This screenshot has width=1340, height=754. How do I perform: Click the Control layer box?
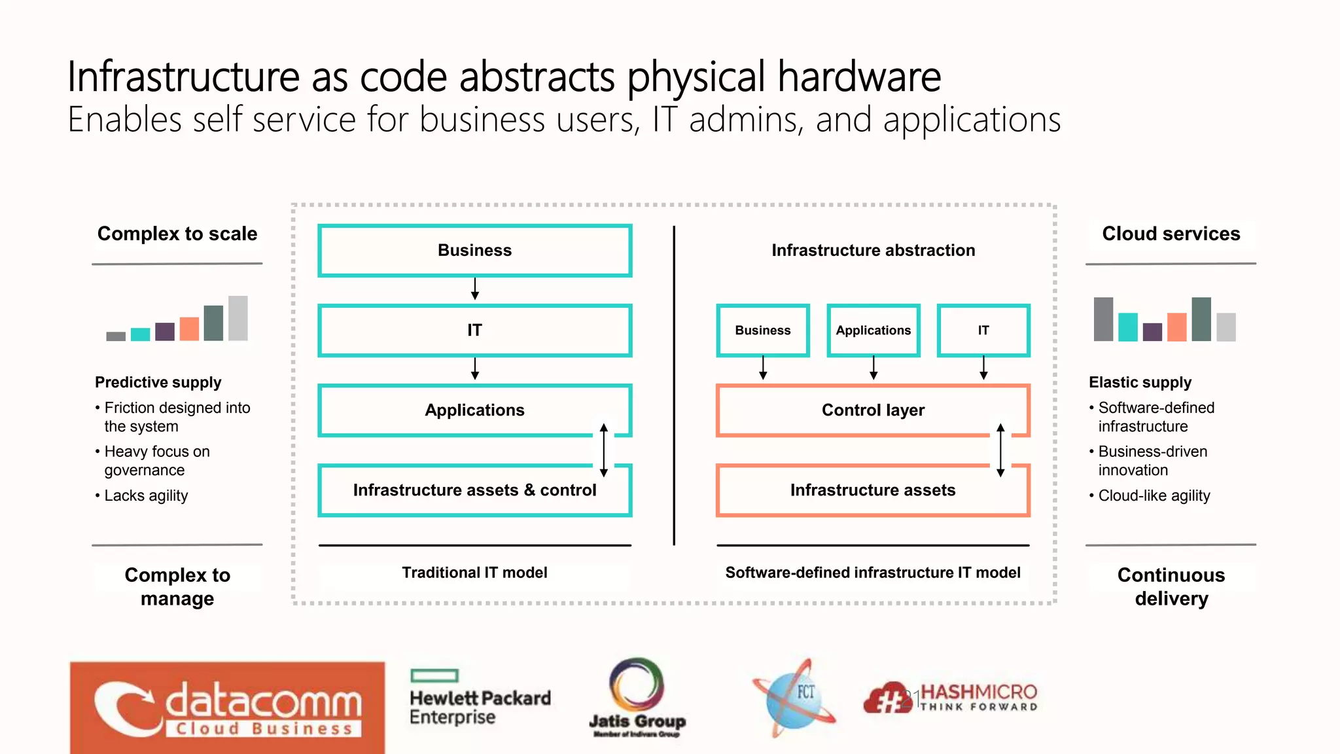pyautogui.click(x=873, y=410)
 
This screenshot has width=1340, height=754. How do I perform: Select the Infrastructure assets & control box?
pyautogui.click(x=474, y=490)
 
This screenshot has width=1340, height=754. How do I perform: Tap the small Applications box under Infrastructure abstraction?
pyautogui.click(x=873, y=331)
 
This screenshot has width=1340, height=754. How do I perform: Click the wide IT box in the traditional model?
pyautogui.click(x=474, y=331)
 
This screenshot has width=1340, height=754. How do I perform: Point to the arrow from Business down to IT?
pyautogui.click(x=475, y=289)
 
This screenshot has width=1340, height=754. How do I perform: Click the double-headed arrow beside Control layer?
pyautogui.click(x=1000, y=450)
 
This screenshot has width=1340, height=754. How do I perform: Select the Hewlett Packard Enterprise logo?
pyautogui.click(x=480, y=698)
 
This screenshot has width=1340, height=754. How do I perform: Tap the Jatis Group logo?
pyautogui.click(x=637, y=698)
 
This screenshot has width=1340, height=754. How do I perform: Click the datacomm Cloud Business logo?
pyautogui.click(x=227, y=707)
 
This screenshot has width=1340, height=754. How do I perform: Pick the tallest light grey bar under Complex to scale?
pyautogui.click(x=238, y=318)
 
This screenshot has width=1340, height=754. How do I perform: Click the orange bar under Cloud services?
pyautogui.click(x=1176, y=327)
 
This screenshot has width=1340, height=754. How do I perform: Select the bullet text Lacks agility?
pyautogui.click(x=146, y=496)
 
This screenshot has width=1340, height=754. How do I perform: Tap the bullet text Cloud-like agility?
pyautogui.click(x=1154, y=496)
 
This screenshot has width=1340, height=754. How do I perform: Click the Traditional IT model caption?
pyautogui.click(x=474, y=573)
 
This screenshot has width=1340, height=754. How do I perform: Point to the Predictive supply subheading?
pyautogui.click(x=158, y=382)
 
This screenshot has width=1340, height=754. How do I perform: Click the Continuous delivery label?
pyautogui.click(x=1171, y=586)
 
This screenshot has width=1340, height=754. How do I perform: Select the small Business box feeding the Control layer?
pyautogui.click(x=763, y=331)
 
